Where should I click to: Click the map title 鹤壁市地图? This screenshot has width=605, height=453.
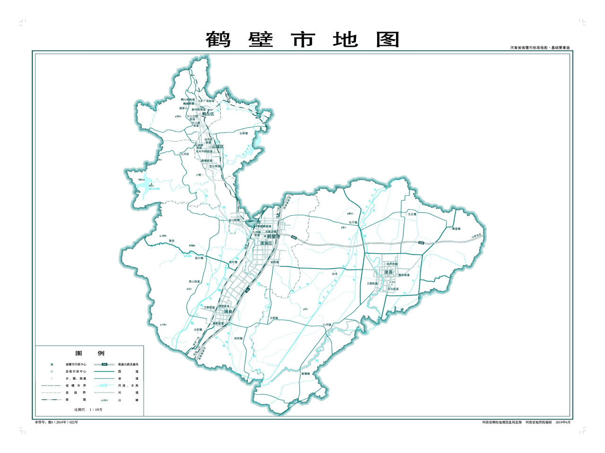coord(302,40)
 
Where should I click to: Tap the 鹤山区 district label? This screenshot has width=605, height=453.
coord(208,114)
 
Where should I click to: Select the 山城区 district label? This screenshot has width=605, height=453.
coord(218,147)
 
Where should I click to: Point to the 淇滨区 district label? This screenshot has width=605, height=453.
coord(266,243)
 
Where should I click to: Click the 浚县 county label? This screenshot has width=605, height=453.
coord(389,272)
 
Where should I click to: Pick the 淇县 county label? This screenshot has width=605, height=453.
coord(228,312)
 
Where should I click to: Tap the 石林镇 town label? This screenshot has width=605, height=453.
coord(243,134)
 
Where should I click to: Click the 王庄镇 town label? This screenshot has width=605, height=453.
coord(412,214)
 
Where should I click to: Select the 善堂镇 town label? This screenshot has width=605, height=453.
coord(456,229)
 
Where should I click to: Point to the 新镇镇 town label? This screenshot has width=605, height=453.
coord(306,374)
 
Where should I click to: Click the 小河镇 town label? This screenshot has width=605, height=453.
coord(327,325)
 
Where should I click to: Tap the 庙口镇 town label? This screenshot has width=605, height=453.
coord(199,258)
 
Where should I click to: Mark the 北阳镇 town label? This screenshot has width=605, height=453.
coord(198,330)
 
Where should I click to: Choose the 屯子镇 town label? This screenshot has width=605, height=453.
coord(353,222)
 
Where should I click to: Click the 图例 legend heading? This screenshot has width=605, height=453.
coord(90,353)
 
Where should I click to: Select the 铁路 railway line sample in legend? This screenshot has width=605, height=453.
coord(52,400)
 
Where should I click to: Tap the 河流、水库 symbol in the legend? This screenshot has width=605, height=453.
coord(104,386)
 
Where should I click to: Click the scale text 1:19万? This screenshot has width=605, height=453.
coord(85,410)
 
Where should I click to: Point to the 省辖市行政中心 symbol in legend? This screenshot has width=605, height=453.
coord(52,364)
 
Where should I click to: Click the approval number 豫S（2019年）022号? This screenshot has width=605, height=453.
coord(57,422)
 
